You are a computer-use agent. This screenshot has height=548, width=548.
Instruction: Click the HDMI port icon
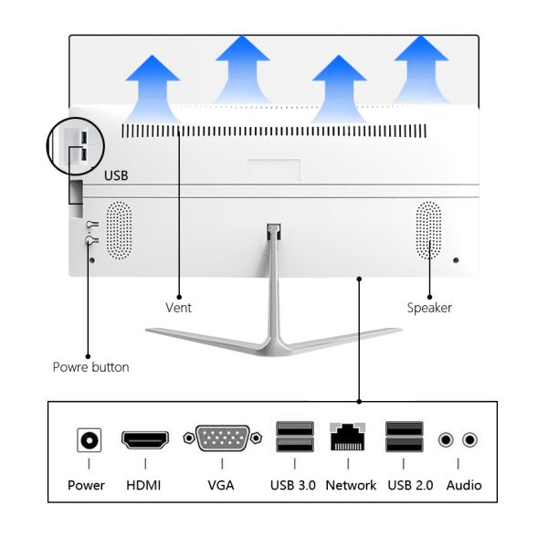tap(145, 439)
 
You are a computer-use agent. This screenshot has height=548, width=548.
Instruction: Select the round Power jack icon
tap(89, 440)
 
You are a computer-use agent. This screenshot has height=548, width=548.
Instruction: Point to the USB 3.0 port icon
tap(294, 438)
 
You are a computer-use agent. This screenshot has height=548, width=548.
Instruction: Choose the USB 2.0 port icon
tap(404, 438)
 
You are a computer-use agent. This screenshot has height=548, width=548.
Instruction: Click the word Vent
tap(178, 308)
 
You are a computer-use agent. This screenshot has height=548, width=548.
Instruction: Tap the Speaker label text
tap(429, 308)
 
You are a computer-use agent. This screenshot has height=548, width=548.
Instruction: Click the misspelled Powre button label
tap(90, 367)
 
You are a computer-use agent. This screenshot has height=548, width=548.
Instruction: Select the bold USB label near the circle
tap(117, 174)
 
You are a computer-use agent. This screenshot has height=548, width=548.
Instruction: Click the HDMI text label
tap(143, 485)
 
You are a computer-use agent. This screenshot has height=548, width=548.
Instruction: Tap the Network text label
tap(351, 485)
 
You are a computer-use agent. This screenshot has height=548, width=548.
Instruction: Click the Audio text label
tap(463, 485)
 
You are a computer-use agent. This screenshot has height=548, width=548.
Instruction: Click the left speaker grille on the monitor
tap(120, 229)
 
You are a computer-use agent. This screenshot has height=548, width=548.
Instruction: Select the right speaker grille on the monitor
tap(428, 229)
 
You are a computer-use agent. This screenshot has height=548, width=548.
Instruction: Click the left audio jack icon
tap(446, 440)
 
